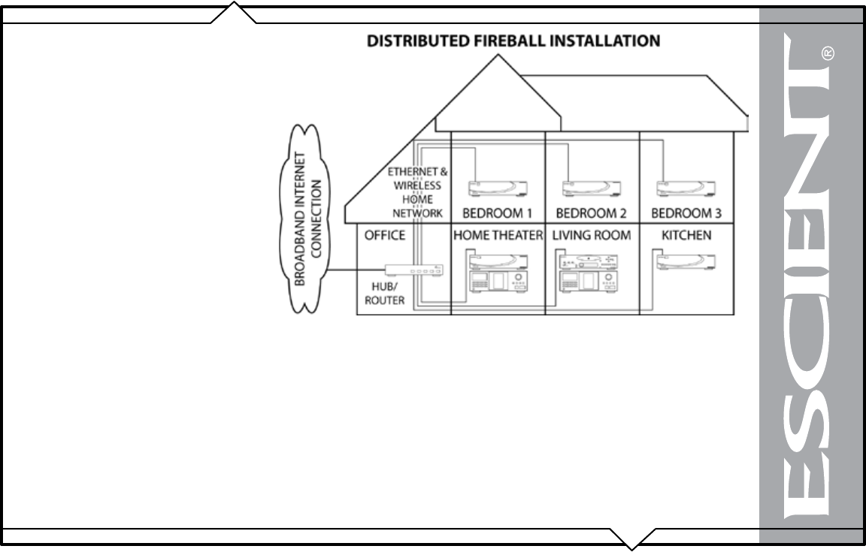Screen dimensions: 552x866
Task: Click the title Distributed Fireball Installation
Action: pyautogui.click(x=513, y=41)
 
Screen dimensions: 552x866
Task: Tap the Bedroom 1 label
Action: pyautogui.click(x=497, y=213)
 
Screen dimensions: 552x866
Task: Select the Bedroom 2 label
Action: pyautogui.click(x=591, y=213)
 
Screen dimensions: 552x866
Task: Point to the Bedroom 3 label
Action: pyautogui.click(x=686, y=213)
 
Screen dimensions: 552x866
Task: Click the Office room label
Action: pyautogui.click(x=385, y=235)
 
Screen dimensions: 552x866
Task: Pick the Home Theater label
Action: pyautogui.click(x=498, y=235)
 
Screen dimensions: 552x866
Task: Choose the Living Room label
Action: pyautogui.click(x=591, y=235)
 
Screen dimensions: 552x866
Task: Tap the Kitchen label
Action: pyautogui.click(x=686, y=235)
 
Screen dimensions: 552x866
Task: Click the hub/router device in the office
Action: pyautogui.click(x=413, y=270)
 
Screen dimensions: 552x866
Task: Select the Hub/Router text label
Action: pyautogui.click(x=388, y=294)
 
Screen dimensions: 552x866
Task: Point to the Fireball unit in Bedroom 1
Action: pyautogui.click(x=497, y=188)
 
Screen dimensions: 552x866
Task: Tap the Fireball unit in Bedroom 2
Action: pyautogui.click(x=591, y=188)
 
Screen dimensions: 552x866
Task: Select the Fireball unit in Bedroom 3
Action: pyautogui.click(x=686, y=188)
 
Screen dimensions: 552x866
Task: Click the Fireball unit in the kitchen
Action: pyautogui.click(x=686, y=262)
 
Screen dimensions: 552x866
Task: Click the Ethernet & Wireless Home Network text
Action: pyautogui.click(x=418, y=192)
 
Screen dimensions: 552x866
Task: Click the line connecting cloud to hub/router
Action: pyautogui.click(x=355, y=270)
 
